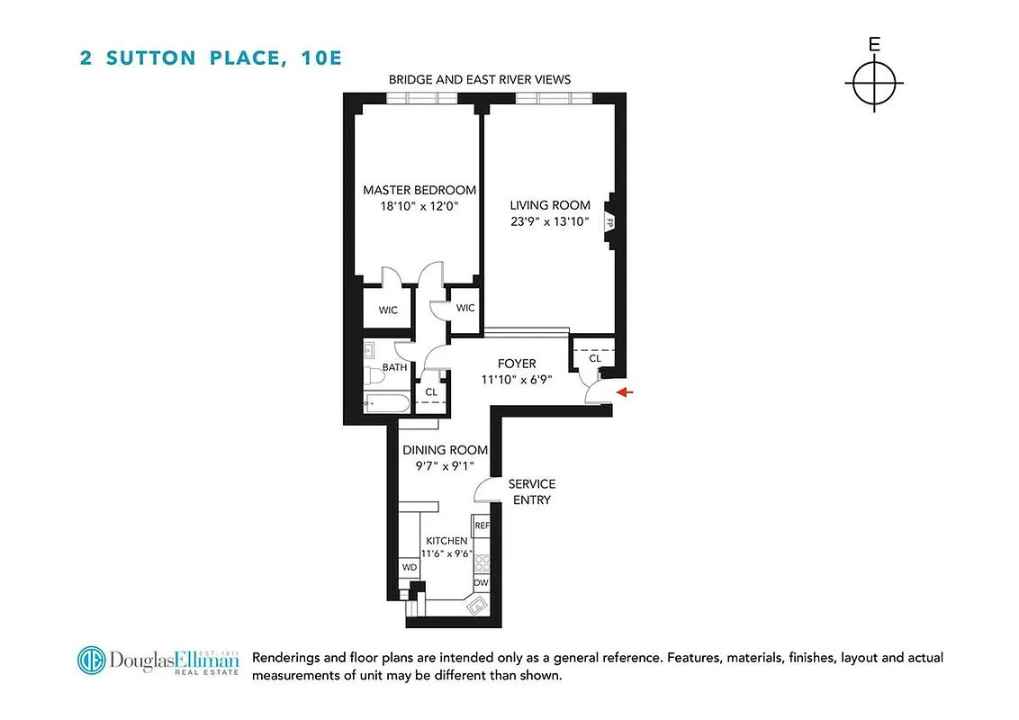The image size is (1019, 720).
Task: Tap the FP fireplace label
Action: [x=610, y=222]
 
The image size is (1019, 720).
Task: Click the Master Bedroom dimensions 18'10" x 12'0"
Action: [x=419, y=205]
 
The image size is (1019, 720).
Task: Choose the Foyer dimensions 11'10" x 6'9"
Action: [x=517, y=379]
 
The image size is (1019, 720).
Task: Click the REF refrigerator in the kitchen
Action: [x=482, y=526]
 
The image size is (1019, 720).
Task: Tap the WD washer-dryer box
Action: [x=410, y=568]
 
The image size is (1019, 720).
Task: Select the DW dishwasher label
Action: [x=482, y=583]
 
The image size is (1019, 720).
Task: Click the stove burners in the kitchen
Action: [x=482, y=563]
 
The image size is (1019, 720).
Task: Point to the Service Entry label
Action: [x=532, y=491]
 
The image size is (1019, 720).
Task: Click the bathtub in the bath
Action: [x=384, y=402]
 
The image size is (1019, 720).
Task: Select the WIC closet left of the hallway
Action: [x=388, y=310]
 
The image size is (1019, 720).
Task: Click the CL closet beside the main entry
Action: [x=594, y=357]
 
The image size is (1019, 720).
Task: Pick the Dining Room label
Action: [x=445, y=450]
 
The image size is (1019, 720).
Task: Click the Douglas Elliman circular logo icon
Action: [x=92, y=661]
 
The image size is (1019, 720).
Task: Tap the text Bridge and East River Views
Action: [x=480, y=80]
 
